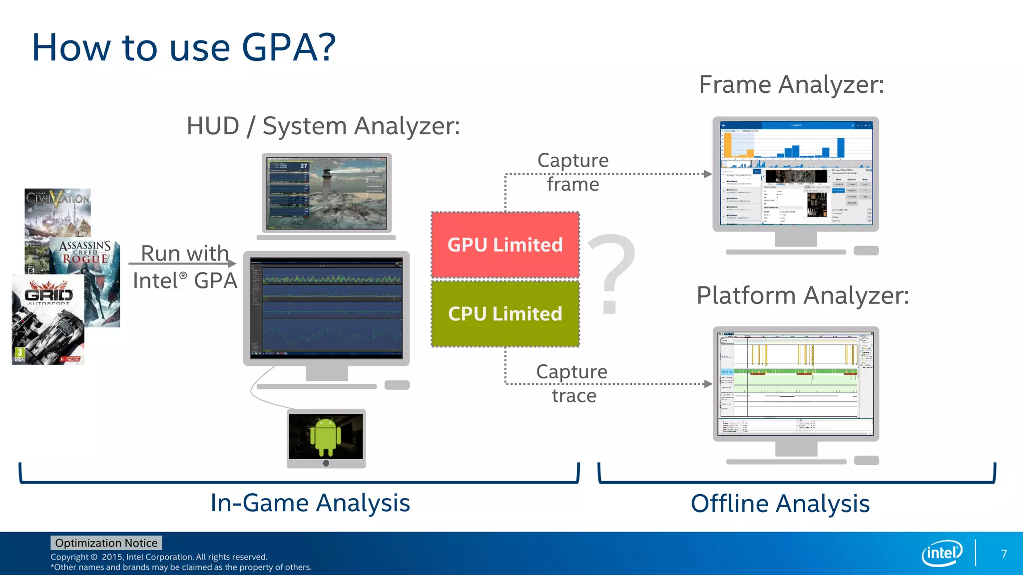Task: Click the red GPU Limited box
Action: pos(505,245)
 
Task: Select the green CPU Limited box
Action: pos(505,313)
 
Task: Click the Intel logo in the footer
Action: pos(942,553)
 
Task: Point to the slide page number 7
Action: pos(1004,554)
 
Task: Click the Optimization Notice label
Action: pos(106,543)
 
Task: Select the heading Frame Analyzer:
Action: pos(791,84)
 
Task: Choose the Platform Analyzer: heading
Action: pos(802,295)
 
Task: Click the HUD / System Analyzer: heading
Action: pos(323,126)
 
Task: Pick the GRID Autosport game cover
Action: pos(48,319)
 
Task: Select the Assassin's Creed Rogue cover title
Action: pos(85,252)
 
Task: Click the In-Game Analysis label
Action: pos(310,503)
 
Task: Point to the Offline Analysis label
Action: pos(780,503)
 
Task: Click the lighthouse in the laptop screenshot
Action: pos(327,180)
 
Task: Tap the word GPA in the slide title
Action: pos(289,47)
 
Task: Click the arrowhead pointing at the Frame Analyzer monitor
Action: pos(708,174)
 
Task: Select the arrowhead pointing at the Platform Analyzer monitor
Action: pos(708,384)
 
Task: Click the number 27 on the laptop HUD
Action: pos(304,166)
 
